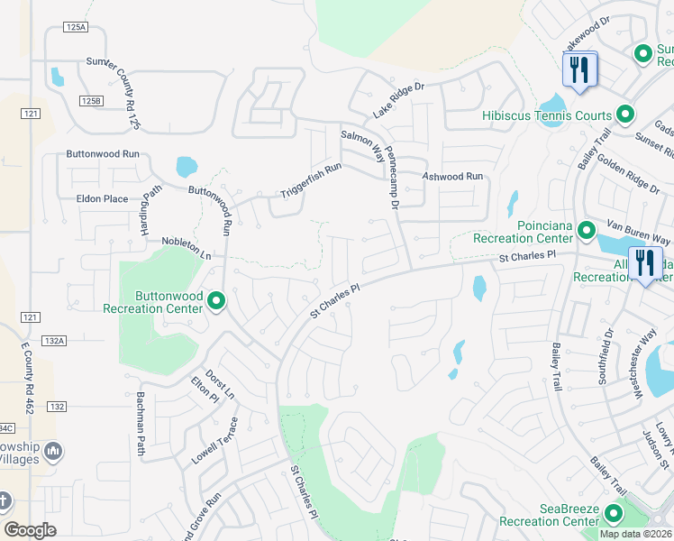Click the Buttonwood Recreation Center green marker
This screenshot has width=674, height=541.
pyautogui.click(x=216, y=301)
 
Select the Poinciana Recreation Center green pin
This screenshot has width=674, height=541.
pyautogui.click(x=586, y=231)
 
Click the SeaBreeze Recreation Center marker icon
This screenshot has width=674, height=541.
pyautogui.click(x=615, y=514)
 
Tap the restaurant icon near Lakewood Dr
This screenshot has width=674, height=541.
pyautogui.click(x=578, y=70)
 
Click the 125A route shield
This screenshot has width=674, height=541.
pyautogui.click(x=77, y=28)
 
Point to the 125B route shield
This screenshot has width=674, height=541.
pyautogui.click(x=90, y=101)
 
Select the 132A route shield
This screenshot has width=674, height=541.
pyautogui.click(x=54, y=341)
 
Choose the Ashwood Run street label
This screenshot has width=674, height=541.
pyautogui.click(x=453, y=177)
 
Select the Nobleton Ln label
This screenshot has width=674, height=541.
pyautogui.click(x=186, y=248)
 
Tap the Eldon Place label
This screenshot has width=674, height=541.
pyautogui.click(x=103, y=198)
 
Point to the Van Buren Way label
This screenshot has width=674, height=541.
pyautogui.click(x=638, y=232)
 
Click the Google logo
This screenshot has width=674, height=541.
pyautogui.click(x=30, y=530)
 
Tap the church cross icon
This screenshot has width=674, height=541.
pyautogui.click(x=5, y=500)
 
